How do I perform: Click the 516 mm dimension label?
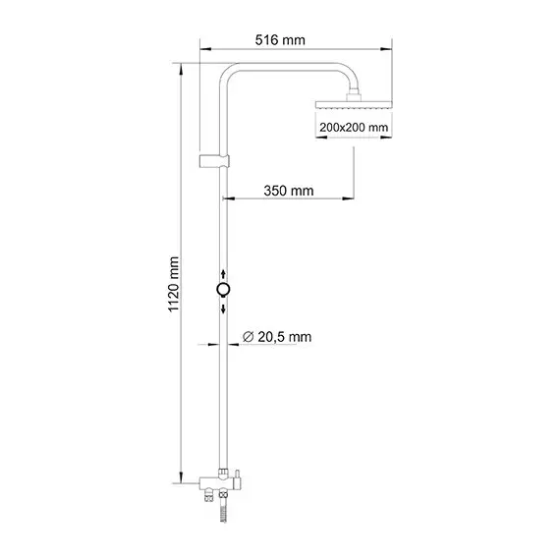(279, 40)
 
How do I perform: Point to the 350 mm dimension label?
(289, 191)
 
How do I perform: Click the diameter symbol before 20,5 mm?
(249, 337)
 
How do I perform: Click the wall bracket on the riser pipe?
(215, 159)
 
